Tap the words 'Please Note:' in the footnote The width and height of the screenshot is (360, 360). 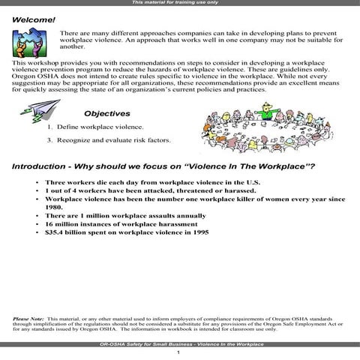(x=28, y=319)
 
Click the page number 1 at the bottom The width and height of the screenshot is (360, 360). (x=178, y=352)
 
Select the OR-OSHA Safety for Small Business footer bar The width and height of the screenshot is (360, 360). (x=180, y=343)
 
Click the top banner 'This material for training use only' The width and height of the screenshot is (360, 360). (x=180, y=3)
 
